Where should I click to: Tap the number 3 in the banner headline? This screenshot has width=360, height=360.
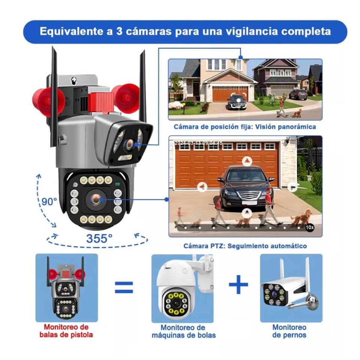pyautogui.click(x=119, y=31)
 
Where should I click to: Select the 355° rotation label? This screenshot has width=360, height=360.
pyautogui.click(x=99, y=238)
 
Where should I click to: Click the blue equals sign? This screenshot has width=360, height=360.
pyautogui.click(x=124, y=287)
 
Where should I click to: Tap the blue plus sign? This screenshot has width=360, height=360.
pyautogui.click(x=238, y=284)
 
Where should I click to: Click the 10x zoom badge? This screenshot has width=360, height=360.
pyautogui.click(x=310, y=227)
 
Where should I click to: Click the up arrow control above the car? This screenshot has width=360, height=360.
pyautogui.click(x=247, y=161)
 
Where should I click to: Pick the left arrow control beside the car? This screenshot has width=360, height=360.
pyautogui.click(x=202, y=187)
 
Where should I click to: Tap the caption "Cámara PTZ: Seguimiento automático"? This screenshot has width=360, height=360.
pyautogui.click(x=245, y=246)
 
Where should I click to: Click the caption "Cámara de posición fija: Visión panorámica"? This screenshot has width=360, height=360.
pyautogui.click(x=245, y=127)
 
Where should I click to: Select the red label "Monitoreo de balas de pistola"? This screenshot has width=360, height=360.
pyautogui.click(x=66, y=331)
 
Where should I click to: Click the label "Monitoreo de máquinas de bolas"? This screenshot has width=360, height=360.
pyautogui.click(x=183, y=331)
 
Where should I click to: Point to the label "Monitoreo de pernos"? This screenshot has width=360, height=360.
pyautogui.click(x=289, y=331)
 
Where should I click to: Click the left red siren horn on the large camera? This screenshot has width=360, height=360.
pyautogui.click(x=47, y=101)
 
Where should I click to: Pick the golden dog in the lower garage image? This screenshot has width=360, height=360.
pyautogui.click(x=301, y=217)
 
